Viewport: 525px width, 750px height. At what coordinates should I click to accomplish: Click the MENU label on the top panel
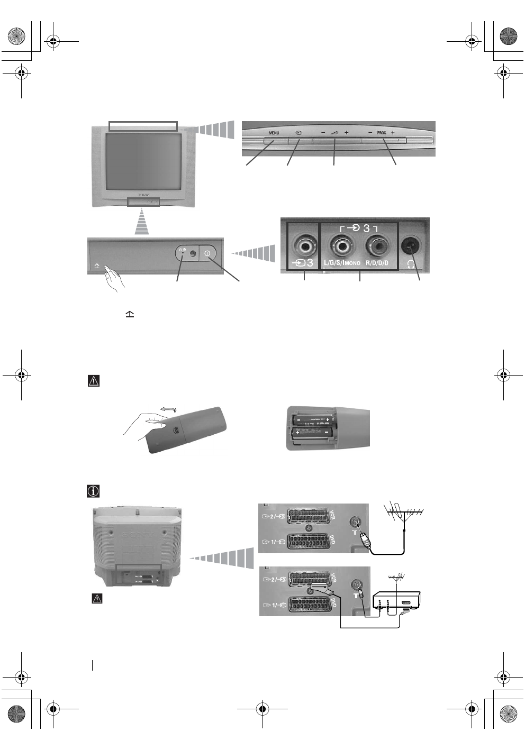274,133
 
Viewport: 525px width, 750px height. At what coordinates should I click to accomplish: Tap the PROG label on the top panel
382,133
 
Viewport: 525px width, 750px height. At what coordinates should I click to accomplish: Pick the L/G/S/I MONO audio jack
341,245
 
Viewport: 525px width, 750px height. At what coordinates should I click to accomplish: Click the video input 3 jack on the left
303,245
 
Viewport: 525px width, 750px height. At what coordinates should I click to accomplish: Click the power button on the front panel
207,254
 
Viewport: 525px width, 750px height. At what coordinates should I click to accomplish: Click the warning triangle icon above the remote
94,381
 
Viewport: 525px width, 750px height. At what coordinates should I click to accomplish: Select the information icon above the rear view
93,491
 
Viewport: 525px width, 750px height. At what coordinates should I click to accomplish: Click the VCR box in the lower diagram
396,602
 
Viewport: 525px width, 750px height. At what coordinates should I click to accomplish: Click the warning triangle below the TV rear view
97,599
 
